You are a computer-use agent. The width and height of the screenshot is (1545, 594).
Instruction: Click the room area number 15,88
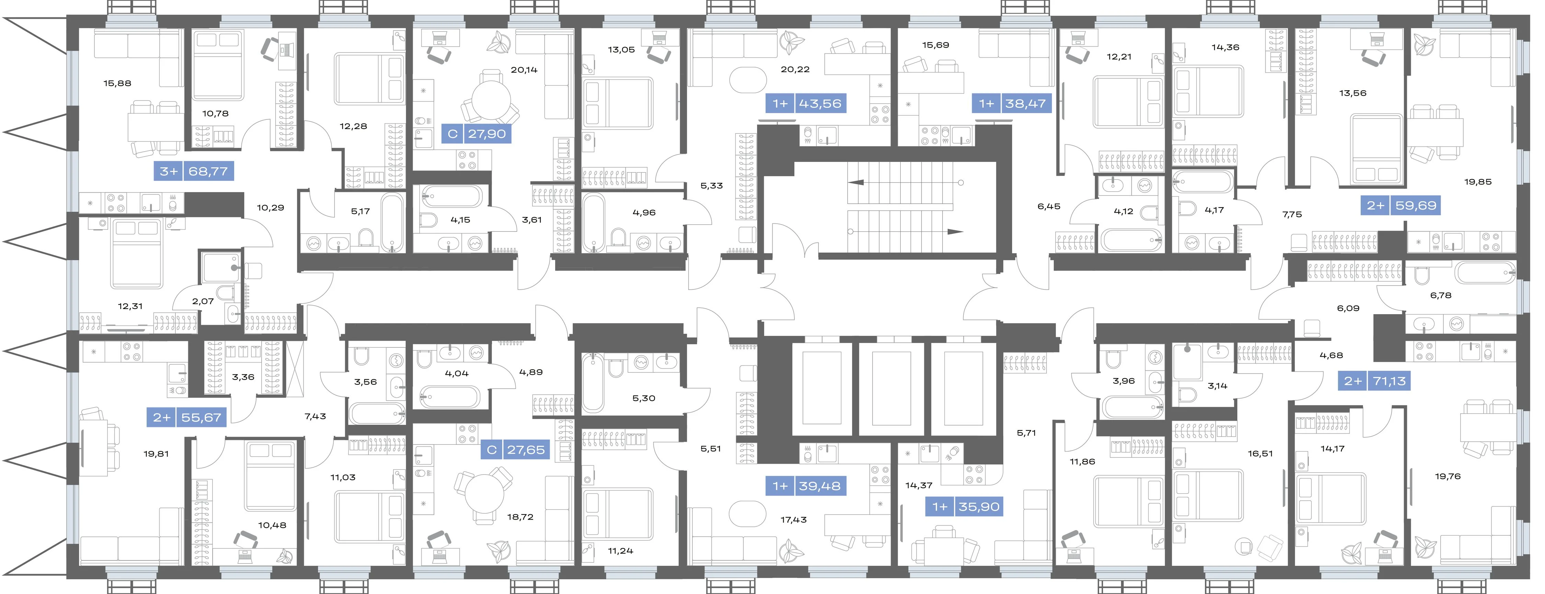[117, 83]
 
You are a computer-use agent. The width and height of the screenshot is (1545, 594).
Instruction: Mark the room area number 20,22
[795, 70]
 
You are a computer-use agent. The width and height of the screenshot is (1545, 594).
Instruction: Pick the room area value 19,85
[1478, 182]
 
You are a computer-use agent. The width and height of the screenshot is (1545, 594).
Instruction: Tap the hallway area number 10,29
[271, 207]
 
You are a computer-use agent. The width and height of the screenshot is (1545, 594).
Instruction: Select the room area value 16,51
[1260, 454]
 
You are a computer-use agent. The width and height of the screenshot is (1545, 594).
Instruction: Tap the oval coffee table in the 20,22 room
[748, 79]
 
